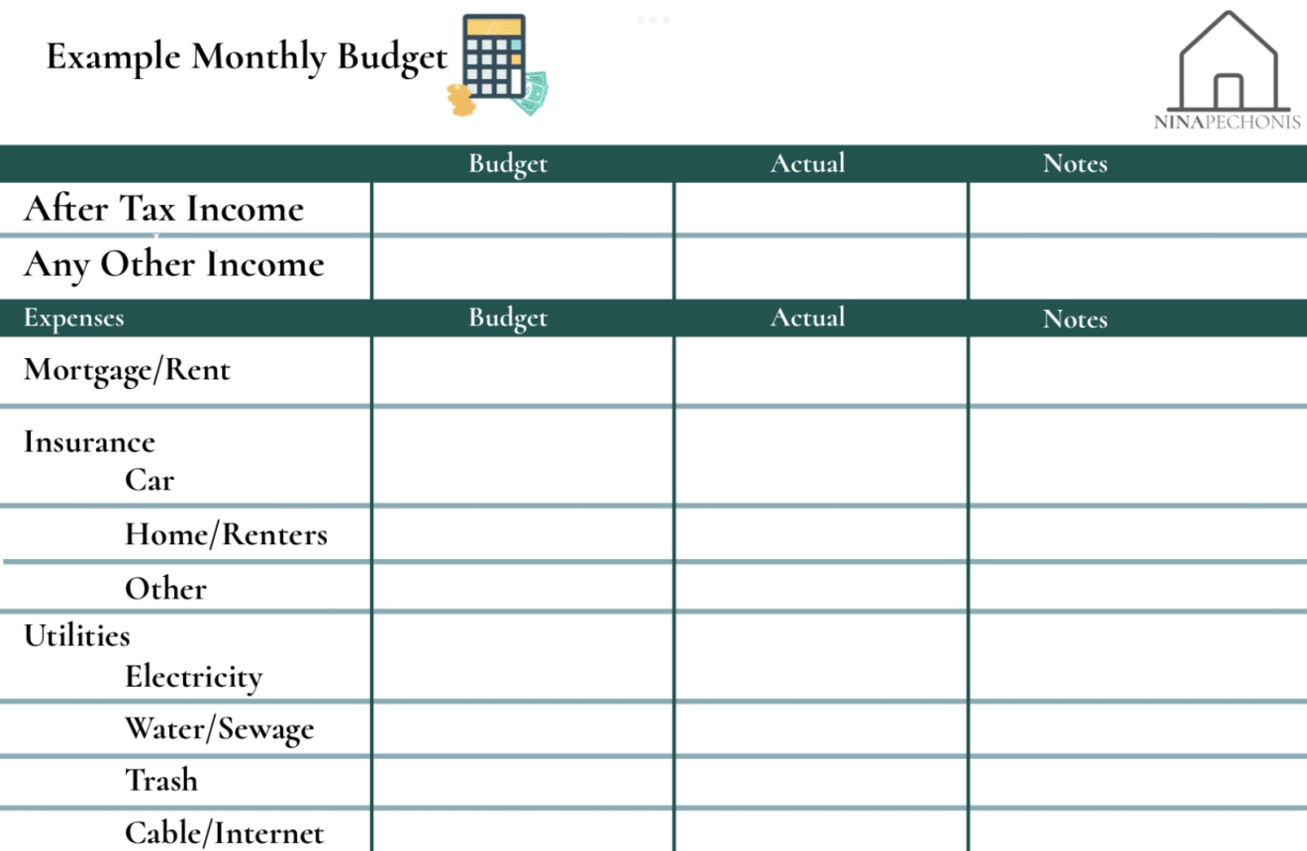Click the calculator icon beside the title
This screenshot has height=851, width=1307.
pos(495,57)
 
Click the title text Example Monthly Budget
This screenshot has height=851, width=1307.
pos(247,56)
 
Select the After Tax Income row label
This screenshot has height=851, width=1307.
pos(163,209)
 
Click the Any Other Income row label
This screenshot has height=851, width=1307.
pos(174,264)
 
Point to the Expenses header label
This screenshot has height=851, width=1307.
pos(74,319)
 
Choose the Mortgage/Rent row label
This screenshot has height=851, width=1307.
pos(127,370)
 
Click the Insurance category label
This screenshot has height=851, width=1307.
pos(89,441)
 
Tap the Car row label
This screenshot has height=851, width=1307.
pos(150,480)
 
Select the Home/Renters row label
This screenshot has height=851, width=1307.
pos(226,534)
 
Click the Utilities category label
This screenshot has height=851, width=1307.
pos(77,635)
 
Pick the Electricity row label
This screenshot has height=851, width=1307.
pos(194,677)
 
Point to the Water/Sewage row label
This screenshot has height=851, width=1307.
pos(219,729)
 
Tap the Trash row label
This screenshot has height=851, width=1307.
pos(161,780)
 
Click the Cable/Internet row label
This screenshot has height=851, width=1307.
pos(224,832)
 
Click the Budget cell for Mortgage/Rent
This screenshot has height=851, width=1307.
pos(523,371)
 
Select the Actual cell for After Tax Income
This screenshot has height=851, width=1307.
pos(821,209)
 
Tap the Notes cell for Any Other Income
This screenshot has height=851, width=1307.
pos(1137,267)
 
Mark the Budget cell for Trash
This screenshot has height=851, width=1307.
pos(523,782)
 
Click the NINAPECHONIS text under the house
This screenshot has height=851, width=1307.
pos(1228,123)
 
